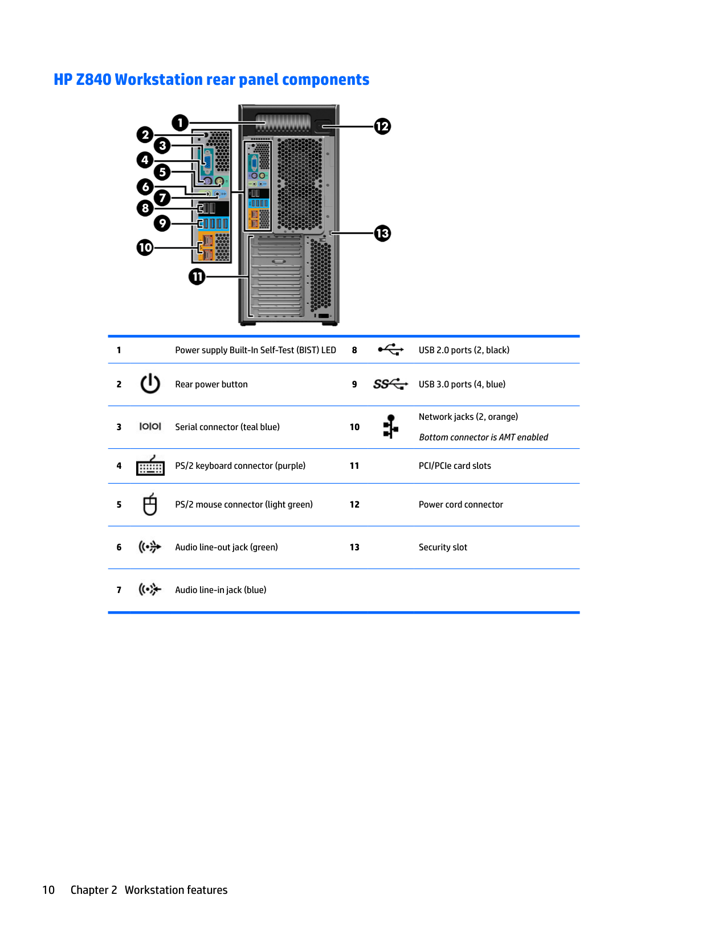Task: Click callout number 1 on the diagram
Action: (180, 122)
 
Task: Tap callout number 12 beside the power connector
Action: (382, 126)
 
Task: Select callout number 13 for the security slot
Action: (382, 233)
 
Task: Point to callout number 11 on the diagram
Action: (197, 277)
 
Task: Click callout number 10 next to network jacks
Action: (145, 247)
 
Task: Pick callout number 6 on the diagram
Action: (145, 186)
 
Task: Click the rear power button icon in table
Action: (150, 384)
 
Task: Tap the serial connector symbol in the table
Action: (150, 427)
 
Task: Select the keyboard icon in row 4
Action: (150, 466)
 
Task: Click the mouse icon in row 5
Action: (150, 505)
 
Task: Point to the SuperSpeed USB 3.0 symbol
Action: (390, 384)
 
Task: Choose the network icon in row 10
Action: (390, 427)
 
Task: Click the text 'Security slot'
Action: (443, 547)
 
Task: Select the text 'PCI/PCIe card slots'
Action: (455, 466)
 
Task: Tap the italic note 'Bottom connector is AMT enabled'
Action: (483, 438)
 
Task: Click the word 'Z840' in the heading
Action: (93, 80)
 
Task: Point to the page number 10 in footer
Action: (48, 890)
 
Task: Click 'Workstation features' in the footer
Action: (176, 890)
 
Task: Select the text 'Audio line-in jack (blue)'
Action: (221, 590)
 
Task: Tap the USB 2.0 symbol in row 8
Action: (390, 350)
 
